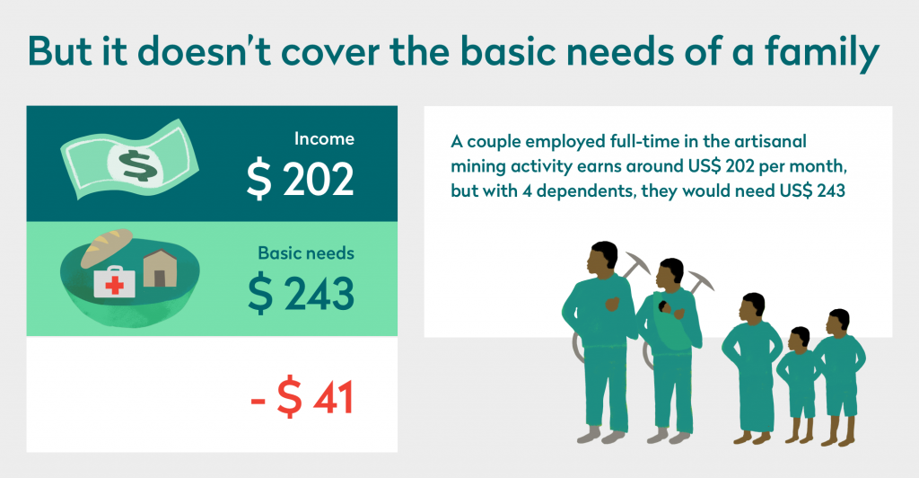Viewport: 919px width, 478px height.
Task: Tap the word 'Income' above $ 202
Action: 324,139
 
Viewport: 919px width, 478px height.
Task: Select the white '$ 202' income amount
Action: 300,179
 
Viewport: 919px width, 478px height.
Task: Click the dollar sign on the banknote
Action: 136,165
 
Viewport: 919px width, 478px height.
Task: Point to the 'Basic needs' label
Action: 306,252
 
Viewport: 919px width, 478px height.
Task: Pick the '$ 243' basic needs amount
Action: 301,293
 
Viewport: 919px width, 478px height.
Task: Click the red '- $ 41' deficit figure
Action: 302,398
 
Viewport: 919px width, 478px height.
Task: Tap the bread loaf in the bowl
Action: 106,247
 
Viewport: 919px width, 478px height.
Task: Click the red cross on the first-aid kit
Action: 114,285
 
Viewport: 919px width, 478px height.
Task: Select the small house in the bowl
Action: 160,268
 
